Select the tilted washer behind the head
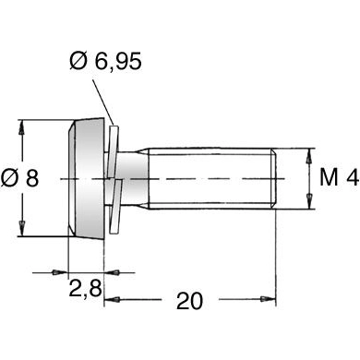[x=114, y=178]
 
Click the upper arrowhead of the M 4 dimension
[x=306, y=150]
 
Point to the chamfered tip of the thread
[x=274, y=178]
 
